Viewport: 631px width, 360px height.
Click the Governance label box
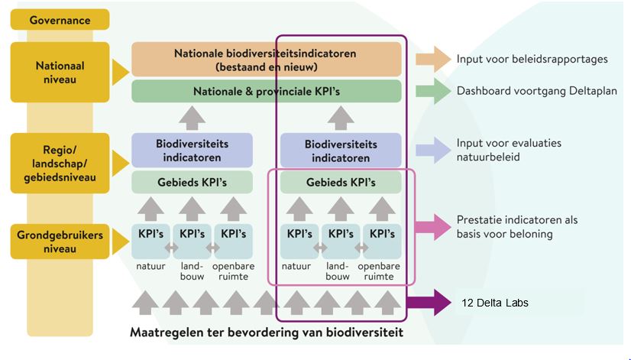tap(60, 20)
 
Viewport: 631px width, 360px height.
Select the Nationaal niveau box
tap(60, 73)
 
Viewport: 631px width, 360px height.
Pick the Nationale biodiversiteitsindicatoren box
tap(266, 60)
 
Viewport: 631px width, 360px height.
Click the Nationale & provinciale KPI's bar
tap(266, 92)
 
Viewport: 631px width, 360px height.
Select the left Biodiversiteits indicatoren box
tap(192, 151)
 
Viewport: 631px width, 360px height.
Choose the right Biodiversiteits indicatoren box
tap(341, 151)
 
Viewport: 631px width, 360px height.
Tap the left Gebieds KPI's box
tap(192, 183)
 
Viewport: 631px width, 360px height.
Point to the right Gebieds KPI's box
tap(341, 183)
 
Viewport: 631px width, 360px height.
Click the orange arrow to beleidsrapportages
tap(432, 59)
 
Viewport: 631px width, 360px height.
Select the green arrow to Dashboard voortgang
tap(432, 90)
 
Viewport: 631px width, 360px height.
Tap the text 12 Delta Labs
tap(494, 303)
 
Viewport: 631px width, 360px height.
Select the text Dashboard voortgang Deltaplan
tap(535, 90)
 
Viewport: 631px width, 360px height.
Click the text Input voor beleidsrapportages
tap(532, 59)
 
